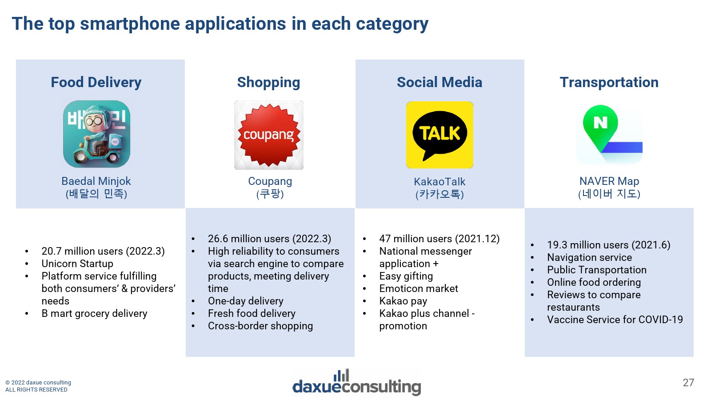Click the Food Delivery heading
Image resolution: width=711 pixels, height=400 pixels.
click(x=96, y=82)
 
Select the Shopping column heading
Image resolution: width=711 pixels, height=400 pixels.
click(x=268, y=83)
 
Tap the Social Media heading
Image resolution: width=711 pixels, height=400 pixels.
click(x=439, y=82)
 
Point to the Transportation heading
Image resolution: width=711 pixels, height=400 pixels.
click(x=609, y=83)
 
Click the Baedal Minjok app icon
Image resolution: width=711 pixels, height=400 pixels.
click(x=96, y=134)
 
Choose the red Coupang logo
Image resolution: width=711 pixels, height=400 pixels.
click(x=269, y=135)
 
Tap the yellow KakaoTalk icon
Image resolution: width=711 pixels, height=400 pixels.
click(x=439, y=135)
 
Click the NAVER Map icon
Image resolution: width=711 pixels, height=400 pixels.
click(x=609, y=134)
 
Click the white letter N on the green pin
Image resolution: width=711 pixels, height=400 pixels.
click(x=600, y=123)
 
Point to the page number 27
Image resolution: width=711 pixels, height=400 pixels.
click(x=688, y=383)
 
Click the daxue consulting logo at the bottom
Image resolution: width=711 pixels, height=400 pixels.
click(x=356, y=383)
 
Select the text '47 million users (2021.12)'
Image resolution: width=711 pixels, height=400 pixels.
click(x=439, y=239)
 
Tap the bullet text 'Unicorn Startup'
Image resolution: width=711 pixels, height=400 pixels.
click(x=77, y=264)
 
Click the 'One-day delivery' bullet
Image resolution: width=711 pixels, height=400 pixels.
click(x=245, y=301)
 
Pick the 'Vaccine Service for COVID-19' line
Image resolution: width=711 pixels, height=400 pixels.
click(x=615, y=320)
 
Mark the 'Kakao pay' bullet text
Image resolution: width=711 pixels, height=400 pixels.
click(x=403, y=301)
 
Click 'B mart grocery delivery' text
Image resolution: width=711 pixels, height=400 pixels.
click(x=94, y=313)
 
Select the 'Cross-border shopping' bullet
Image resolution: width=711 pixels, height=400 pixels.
click(x=260, y=326)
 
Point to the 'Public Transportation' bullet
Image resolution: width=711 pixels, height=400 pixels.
click(x=597, y=270)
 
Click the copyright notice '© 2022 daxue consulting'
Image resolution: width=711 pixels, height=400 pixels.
click(x=38, y=383)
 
